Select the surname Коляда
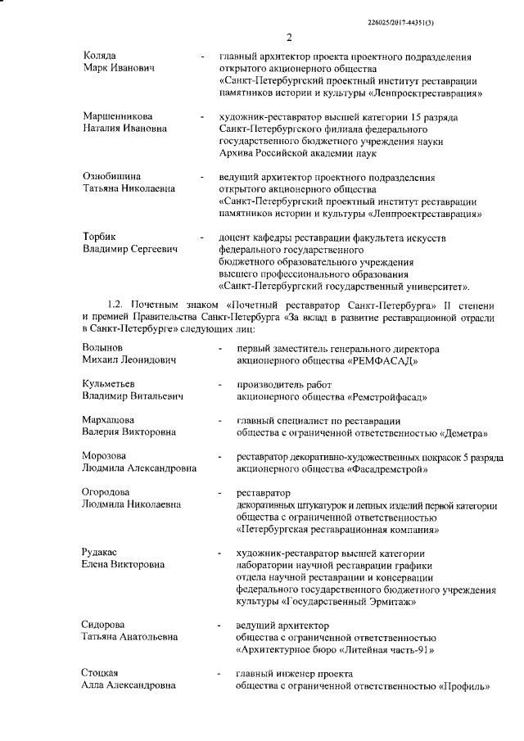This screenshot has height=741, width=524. coord(101,56)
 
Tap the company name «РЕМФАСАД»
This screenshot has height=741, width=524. coord(384,360)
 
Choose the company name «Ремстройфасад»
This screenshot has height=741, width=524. coord(386,396)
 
